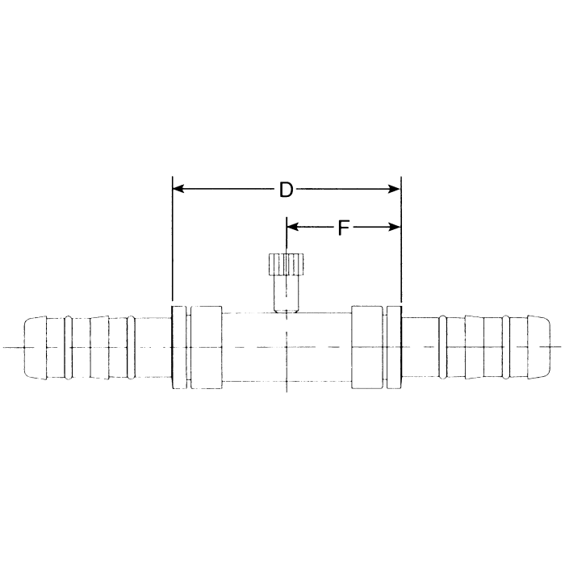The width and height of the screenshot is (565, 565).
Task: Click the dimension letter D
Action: (286, 190)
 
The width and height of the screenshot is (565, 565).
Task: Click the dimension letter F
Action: (343, 228)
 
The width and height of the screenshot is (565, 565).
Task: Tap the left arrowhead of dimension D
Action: (180, 189)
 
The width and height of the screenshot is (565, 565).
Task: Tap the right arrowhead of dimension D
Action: (394, 189)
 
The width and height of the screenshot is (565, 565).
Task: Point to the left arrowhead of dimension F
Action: (293, 227)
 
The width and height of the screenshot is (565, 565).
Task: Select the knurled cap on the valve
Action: (286, 265)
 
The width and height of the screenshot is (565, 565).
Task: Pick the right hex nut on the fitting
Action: (367, 347)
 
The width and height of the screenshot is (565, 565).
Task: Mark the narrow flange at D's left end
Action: (178, 347)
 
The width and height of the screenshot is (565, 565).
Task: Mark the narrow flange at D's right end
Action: (395, 347)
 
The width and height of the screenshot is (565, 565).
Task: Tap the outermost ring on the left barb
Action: (69, 347)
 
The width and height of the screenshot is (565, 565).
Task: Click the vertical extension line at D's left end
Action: (173, 242)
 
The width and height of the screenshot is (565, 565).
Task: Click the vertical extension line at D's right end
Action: (401, 242)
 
